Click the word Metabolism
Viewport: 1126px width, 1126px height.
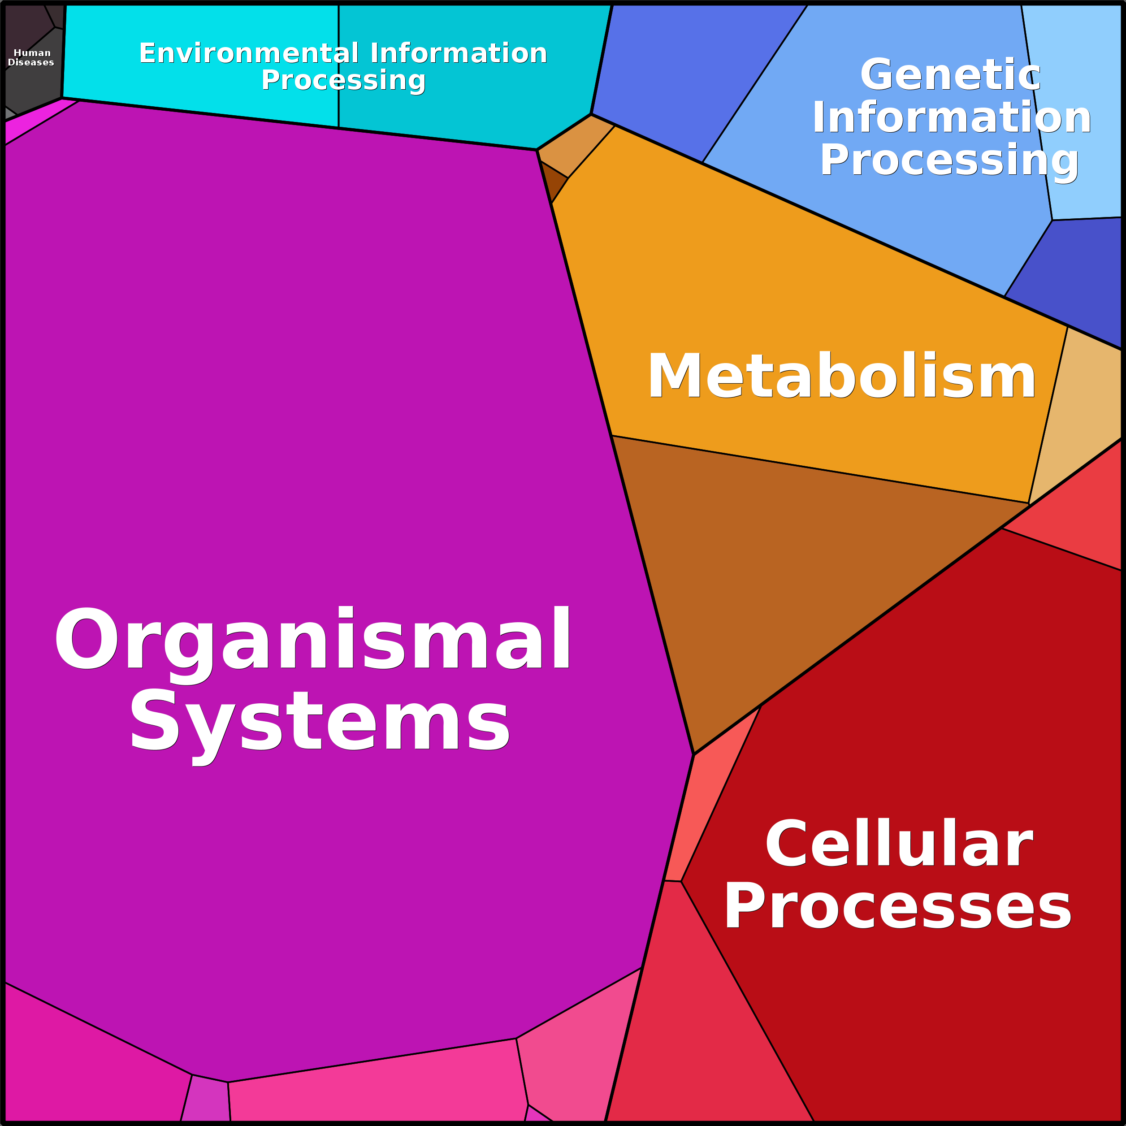[x=841, y=377]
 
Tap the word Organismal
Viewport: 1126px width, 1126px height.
[x=313, y=639]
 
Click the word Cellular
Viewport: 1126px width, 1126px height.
[x=899, y=843]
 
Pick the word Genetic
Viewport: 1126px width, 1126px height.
[x=950, y=74]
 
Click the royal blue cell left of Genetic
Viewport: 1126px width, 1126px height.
[x=688, y=76]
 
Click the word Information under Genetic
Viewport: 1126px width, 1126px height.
[x=952, y=117]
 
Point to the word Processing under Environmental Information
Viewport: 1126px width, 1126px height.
[x=343, y=80]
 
